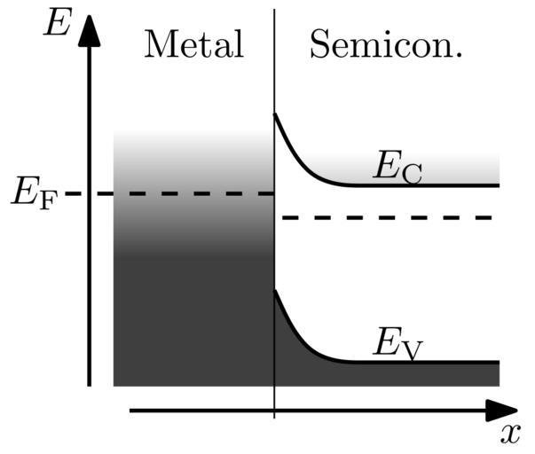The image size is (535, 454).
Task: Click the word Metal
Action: pos(193,44)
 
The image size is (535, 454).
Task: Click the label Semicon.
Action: pos(386,44)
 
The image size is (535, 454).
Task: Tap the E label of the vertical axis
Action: pos(57,23)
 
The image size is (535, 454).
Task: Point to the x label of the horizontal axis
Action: pos(508,434)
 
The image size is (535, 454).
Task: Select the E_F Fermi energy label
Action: pos(32,193)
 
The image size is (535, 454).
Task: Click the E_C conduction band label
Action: pos(396,168)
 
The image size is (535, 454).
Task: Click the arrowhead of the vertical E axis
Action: pos(89,27)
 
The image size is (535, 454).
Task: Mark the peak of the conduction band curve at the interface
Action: pos(275,114)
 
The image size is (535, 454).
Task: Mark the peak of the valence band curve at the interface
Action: pos(275,292)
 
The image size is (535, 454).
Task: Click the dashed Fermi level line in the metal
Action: pos(177,193)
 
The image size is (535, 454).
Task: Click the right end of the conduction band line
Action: pos(498,185)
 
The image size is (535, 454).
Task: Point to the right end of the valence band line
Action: pos(498,362)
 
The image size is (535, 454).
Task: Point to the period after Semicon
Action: pos(458,56)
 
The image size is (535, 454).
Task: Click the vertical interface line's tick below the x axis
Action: pos(274,415)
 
